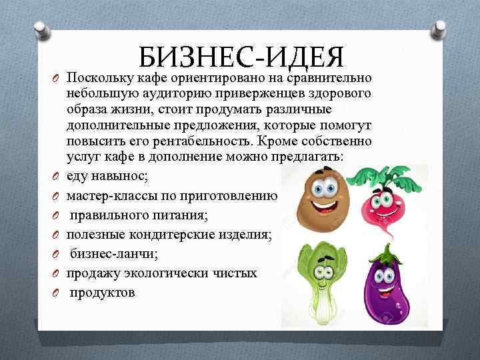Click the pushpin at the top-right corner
point(439,29)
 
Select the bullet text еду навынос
point(108,175)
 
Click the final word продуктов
point(103,292)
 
